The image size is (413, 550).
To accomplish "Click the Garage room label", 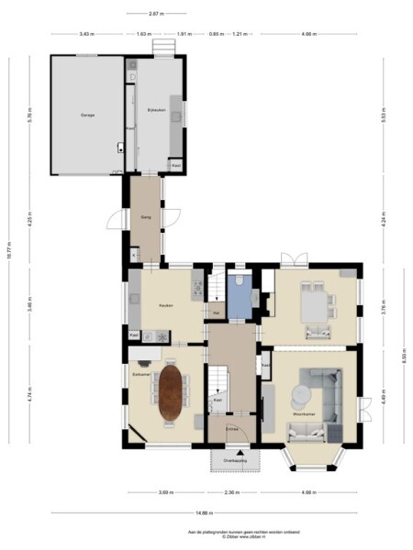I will (x=86, y=115).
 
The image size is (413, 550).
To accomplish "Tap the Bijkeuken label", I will (x=153, y=109).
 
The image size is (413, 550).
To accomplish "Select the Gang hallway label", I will (x=145, y=217).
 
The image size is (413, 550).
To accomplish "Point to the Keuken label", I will (x=165, y=305).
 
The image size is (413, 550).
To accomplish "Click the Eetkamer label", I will (x=140, y=374).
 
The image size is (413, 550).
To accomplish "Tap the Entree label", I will (x=232, y=428).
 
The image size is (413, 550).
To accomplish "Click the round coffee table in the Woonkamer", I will (x=300, y=395).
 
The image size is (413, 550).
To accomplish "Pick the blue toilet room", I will (x=240, y=295).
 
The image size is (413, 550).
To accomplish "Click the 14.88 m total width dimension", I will (x=206, y=511).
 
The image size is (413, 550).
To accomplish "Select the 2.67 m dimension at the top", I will (x=156, y=14).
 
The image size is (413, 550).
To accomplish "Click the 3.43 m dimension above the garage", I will (x=86, y=34).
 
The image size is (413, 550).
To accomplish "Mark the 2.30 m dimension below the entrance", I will (x=233, y=492).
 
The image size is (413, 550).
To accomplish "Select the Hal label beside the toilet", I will (x=216, y=313).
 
